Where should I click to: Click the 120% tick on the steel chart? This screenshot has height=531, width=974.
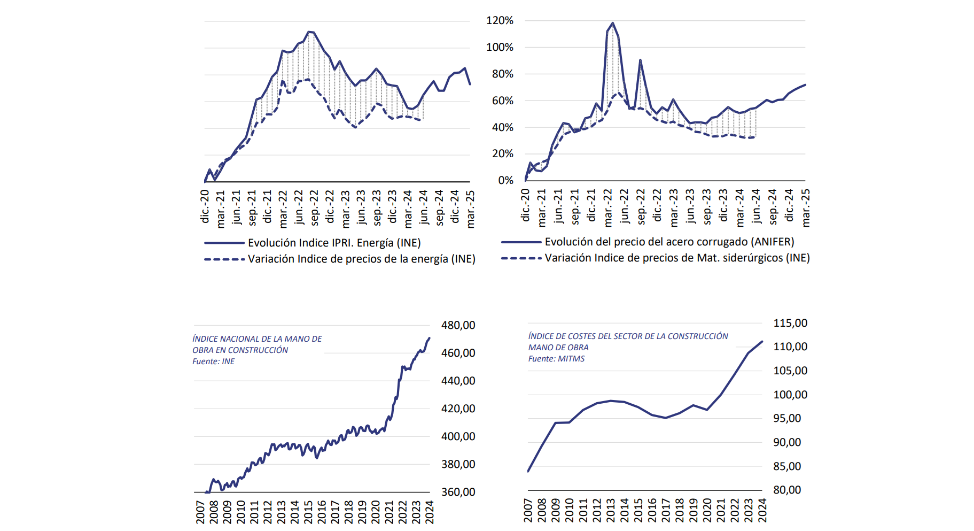coord(499,21)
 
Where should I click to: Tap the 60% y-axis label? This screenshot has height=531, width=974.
coord(502,101)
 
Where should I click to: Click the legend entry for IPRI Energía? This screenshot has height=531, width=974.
coord(334,243)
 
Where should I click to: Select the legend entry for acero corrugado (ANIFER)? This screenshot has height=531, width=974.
coord(669,242)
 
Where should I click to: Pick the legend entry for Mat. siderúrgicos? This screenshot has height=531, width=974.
coord(677,258)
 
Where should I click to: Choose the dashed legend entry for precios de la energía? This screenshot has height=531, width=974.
coord(361,259)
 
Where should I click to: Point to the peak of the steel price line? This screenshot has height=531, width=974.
coord(613,23)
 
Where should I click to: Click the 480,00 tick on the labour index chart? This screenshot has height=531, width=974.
coord(458,325)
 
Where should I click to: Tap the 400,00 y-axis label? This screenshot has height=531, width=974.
coord(458,436)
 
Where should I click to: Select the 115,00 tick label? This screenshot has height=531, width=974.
coord(790,323)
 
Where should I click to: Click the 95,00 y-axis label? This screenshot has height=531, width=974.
coord(787,418)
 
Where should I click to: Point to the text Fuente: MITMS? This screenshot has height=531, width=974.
coord(556,359)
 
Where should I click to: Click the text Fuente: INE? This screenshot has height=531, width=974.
coord(213,361)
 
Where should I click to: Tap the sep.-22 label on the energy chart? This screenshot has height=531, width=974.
coord(314,207)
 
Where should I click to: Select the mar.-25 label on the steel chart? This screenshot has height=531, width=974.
coord(806,207)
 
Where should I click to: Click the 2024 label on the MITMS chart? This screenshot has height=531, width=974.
coord(762,510)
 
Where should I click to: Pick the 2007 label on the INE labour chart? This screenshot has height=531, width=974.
coord(200,512)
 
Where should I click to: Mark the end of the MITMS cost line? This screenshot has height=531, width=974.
coord(762,341)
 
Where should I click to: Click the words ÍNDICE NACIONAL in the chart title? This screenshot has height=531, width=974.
coord(224,339)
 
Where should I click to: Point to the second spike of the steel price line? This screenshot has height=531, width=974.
coord(640,60)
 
